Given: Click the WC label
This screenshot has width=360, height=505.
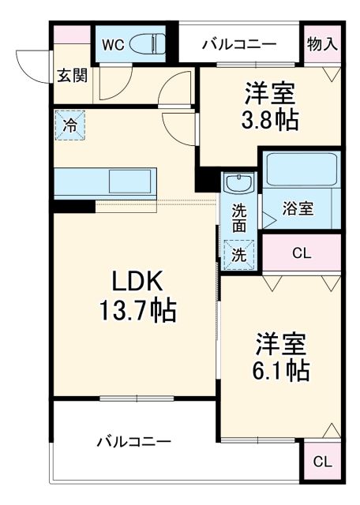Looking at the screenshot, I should (112, 44).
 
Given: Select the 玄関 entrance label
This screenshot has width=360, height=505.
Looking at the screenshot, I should (71, 76).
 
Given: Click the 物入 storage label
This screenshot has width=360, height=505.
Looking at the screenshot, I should (321, 43).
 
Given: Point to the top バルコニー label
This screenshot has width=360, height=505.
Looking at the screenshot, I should (238, 43).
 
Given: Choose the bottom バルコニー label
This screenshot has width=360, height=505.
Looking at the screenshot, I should (133, 440).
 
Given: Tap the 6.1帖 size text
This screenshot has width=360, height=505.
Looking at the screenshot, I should (282, 368).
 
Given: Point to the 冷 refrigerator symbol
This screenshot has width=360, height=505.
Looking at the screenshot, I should (70, 125).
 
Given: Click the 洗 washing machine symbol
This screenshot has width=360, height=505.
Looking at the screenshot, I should (238, 254).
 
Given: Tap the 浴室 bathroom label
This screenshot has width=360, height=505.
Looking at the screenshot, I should (298, 209).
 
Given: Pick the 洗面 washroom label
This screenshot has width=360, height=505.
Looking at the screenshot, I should (239, 217).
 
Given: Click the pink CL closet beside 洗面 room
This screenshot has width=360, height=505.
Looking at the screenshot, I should (301, 254).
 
